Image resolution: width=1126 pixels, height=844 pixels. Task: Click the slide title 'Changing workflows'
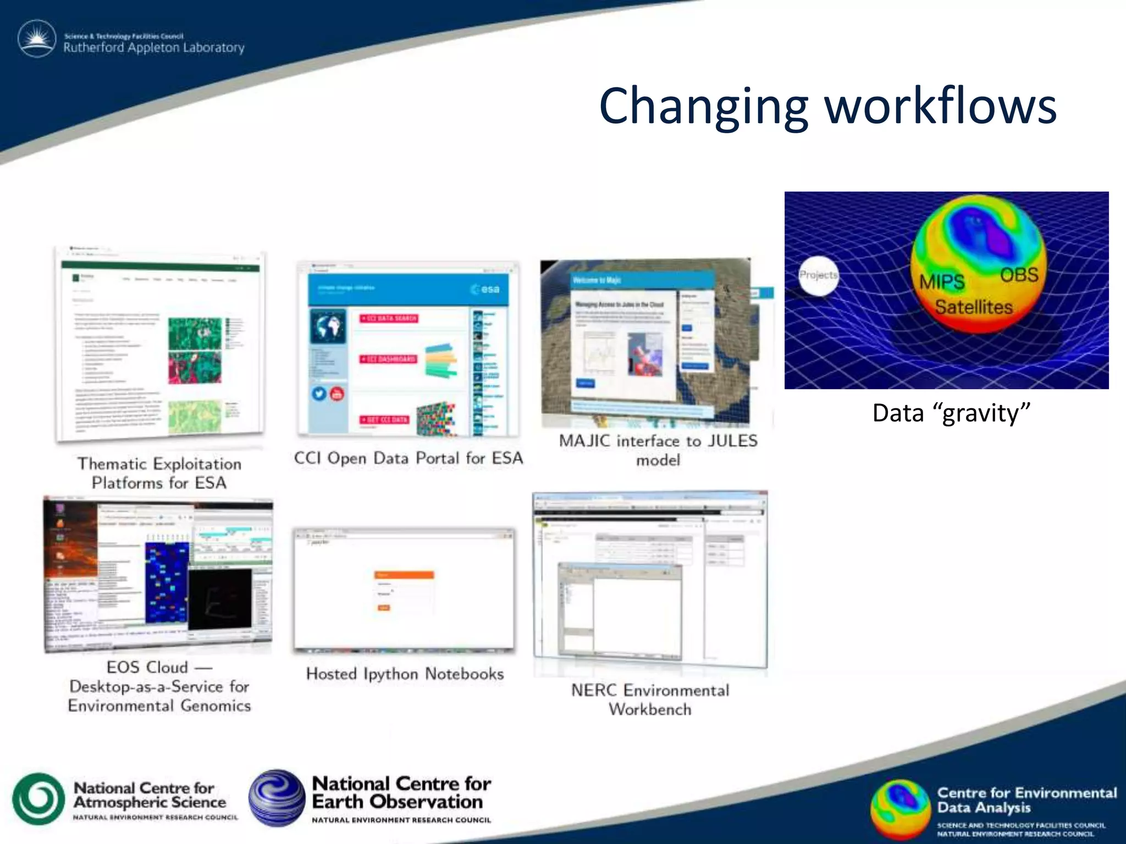tap(827, 105)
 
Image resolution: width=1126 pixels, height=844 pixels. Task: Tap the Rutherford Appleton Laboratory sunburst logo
tap(37, 39)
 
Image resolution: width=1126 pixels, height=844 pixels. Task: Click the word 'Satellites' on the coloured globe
tap(974, 307)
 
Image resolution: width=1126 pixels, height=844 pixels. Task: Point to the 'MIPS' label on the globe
tap(942, 282)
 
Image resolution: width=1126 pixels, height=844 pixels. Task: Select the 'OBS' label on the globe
tap(1019, 275)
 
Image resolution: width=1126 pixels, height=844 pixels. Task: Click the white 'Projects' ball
tap(819, 275)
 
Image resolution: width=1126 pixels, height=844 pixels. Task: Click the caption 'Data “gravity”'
tap(951, 413)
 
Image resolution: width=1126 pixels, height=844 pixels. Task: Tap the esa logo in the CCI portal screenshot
tap(485, 289)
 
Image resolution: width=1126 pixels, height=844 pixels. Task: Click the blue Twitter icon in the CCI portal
tap(319, 393)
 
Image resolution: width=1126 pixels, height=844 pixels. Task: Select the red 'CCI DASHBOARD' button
tap(389, 359)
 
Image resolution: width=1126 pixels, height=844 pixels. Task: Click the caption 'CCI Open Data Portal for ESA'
tap(408, 458)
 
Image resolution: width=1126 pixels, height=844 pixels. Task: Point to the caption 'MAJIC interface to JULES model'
tap(658, 450)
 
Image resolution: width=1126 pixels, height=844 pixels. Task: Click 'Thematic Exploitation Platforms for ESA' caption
tap(159, 473)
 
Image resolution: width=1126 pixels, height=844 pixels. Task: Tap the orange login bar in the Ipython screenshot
tap(404, 575)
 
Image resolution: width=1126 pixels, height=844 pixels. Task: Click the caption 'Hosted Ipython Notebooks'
tap(405, 674)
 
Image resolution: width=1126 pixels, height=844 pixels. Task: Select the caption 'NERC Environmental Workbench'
tap(650, 699)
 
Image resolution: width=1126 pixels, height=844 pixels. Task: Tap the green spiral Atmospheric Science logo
tap(38, 799)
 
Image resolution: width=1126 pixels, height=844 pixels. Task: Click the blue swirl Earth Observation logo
tap(277, 798)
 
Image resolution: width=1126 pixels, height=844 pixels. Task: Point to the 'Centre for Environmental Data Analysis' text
tap(1026, 800)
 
